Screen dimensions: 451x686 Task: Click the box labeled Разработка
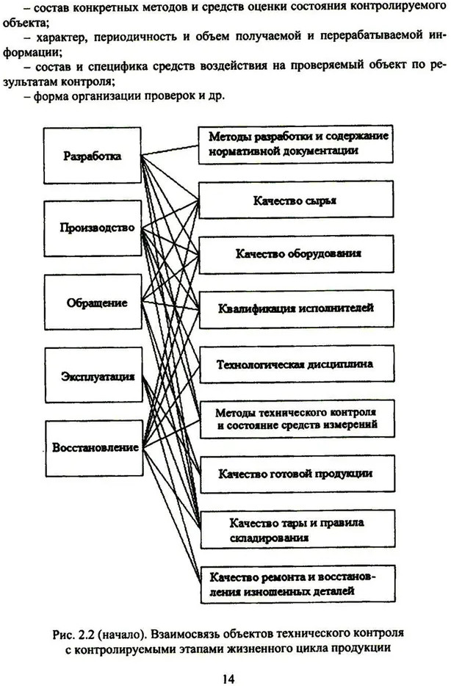point(93,155)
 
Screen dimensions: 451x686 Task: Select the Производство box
point(93,228)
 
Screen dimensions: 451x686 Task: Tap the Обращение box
point(93,302)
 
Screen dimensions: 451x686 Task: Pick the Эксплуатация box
point(93,375)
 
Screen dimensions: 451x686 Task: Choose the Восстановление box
point(94,449)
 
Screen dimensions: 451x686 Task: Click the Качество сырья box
point(296,200)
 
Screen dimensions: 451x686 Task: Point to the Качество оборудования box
point(297,254)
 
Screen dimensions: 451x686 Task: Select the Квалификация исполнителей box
point(297,309)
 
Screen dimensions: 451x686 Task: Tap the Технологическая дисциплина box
point(297,364)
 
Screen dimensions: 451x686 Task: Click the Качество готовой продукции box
point(297,474)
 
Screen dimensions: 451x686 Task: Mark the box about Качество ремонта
point(298,584)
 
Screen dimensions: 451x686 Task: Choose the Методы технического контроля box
point(297,419)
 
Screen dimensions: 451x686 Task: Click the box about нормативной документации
point(296,145)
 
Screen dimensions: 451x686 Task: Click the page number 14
point(228,679)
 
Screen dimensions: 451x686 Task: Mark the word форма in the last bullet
point(49,95)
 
